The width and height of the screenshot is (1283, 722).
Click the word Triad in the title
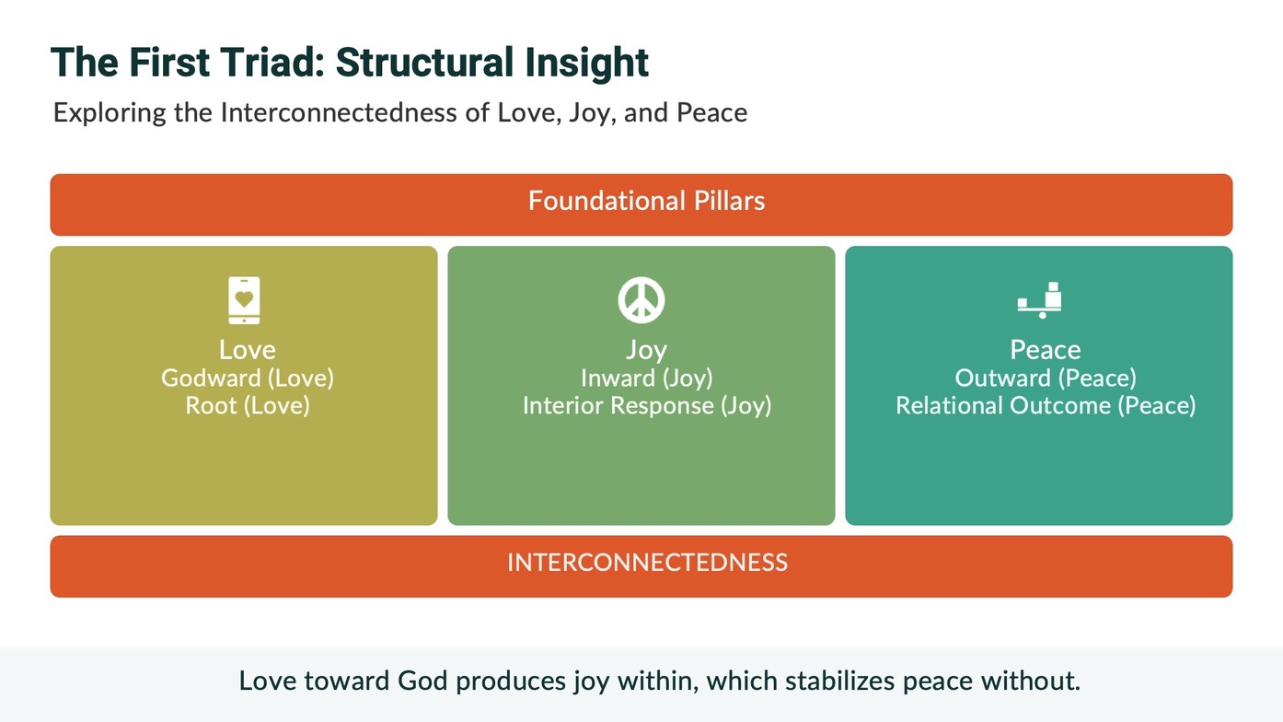[x=272, y=62]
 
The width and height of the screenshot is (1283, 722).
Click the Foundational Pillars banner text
[x=647, y=201]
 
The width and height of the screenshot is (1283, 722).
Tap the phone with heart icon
[x=244, y=300]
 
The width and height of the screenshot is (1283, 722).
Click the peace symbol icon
[x=641, y=300]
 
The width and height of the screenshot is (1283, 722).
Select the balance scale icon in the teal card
[x=1039, y=300]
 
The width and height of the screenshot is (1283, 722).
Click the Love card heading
[x=248, y=350]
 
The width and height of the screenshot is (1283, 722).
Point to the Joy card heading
[x=647, y=351]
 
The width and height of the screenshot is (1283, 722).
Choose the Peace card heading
[x=1046, y=350]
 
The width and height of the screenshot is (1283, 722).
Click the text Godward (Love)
[x=248, y=378]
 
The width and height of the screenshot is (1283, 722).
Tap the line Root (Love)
[x=248, y=406]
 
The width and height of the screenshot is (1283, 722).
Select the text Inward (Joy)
[x=647, y=378]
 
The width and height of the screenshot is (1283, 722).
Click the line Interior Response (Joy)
[x=647, y=406]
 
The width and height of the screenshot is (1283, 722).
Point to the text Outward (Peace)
[x=1046, y=378]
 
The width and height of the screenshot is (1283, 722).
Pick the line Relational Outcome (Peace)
[x=1046, y=406]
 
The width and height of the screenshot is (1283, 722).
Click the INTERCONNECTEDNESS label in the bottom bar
[x=647, y=563]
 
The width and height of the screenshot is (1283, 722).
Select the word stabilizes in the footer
[x=839, y=681]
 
